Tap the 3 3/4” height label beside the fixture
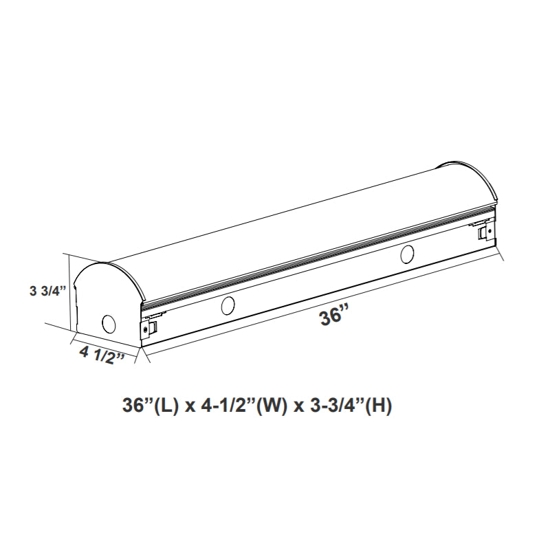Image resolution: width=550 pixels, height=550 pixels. click(48, 290)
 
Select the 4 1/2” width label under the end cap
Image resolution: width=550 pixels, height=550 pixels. click(102, 356)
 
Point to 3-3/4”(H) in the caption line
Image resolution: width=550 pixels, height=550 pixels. click(351, 406)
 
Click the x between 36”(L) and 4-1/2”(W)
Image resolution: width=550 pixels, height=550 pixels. click(188, 406)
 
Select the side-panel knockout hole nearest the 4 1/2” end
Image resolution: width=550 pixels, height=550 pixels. click(228, 307)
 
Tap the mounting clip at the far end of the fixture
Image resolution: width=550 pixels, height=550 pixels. click(485, 232)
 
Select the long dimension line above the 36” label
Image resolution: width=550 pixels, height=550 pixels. click(323, 305)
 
